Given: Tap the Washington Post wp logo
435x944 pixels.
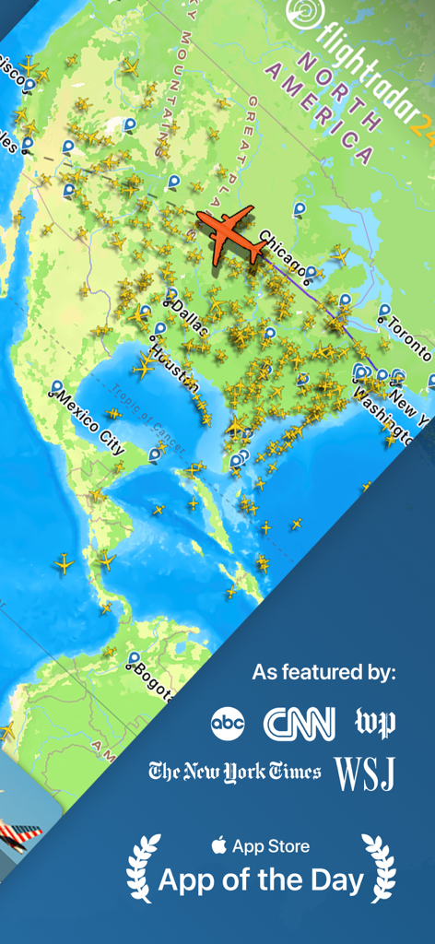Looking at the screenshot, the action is click(x=375, y=723).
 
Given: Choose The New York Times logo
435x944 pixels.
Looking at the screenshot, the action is click(x=235, y=772).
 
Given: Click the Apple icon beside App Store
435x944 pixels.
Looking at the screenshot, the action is click(x=218, y=845).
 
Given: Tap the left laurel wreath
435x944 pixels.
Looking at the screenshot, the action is click(x=143, y=867).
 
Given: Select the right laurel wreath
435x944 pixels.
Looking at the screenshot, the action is click(x=379, y=867).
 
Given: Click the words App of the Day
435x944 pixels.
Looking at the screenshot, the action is click(x=261, y=881).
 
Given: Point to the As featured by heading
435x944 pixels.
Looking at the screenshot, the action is click(x=323, y=672).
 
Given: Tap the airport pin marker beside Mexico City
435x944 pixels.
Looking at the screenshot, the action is click(x=57, y=387).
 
